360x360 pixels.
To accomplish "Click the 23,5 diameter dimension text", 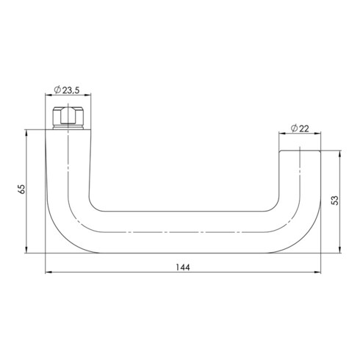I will (71, 90).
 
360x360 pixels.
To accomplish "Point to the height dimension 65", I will (23, 190).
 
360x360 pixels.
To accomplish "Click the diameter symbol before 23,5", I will (57, 90).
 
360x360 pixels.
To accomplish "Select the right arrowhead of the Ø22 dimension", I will (320, 134).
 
